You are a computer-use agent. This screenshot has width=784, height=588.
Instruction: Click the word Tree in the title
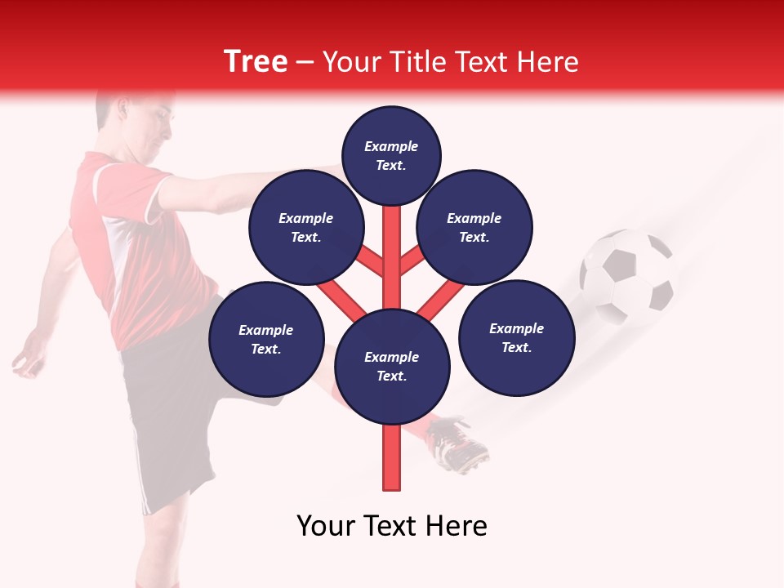coord(256,61)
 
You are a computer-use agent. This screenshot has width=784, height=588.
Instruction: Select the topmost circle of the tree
coord(391,154)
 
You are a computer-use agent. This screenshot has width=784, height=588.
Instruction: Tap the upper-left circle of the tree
coord(305,227)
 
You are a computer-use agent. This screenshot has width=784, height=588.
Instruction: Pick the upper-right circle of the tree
coord(474,227)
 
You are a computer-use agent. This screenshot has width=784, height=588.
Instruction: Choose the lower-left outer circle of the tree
coord(266,339)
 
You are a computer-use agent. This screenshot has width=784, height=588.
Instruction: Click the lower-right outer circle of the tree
coord(517,337)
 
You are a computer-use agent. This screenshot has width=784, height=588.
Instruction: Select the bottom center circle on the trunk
coord(392,366)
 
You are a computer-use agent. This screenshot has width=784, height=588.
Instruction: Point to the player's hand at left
coord(29,359)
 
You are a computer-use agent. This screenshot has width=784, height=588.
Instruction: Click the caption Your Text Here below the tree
coord(392,526)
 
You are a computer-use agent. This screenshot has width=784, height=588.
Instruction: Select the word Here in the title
coord(547,61)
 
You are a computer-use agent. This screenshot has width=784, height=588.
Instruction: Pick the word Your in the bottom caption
coord(325,526)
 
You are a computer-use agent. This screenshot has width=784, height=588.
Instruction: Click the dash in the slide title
coord(305,62)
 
